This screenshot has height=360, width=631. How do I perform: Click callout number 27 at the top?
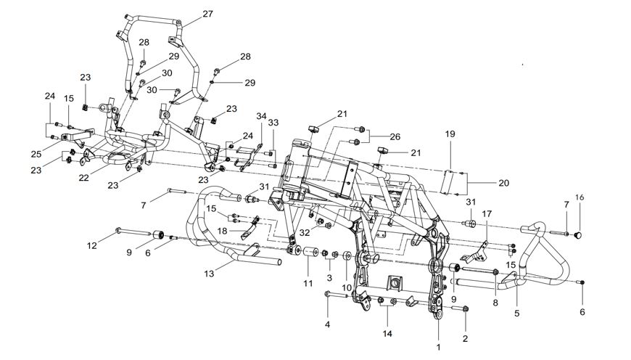pos(207,14)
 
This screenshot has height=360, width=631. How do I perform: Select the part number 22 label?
pos(83,177)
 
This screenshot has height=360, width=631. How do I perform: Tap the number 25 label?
pos(36,154)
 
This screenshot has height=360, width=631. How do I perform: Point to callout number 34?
pos(262,116)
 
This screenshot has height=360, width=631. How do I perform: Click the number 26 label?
pos(395,137)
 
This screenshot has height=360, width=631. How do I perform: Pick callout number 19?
pos(450,134)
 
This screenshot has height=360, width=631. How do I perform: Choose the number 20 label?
pos(504,183)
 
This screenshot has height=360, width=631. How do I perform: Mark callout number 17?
pos(487,214)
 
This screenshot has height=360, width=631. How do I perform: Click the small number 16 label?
pos(580,197)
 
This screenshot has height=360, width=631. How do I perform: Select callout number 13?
pos(209,274)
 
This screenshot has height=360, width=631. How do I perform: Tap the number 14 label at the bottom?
pos(387,333)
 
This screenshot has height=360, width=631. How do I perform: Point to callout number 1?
pos(439,347)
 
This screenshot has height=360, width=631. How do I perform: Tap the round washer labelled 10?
pos(347,256)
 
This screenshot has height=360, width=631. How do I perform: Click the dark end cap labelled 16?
pos(578,234)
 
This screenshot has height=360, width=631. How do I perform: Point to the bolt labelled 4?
pos(335,295)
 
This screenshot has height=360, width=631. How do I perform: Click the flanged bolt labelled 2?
pos(461,309)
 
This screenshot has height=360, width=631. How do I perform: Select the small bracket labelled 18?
pos(249,229)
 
